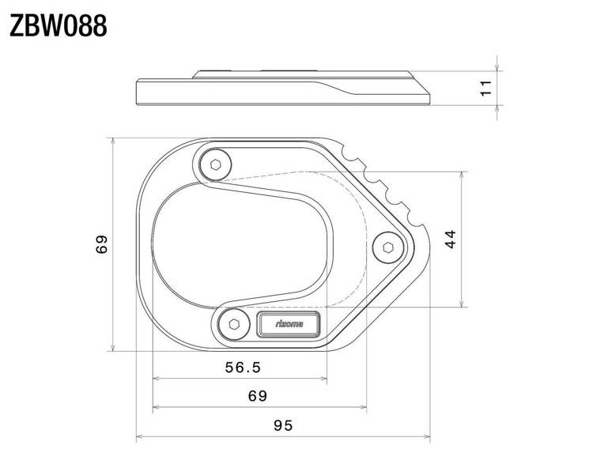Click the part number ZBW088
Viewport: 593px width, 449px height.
pyautogui.click(x=58, y=26)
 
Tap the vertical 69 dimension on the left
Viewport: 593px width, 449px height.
pyautogui.click(x=101, y=245)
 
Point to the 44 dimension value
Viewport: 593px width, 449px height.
pyautogui.click(x=450, y=239)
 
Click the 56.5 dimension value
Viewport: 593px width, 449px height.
pyautogui.click(x=243, y=367)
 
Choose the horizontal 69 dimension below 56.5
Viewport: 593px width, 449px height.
pyautogui.click(x=257, y=395)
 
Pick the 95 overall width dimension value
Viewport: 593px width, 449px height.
pyautogui.click(x=283, y=424)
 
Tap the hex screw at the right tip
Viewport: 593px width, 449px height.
pyautogui.click(x=387, y=247)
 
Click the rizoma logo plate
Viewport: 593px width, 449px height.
pyautogui.click(x=289, y=324)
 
